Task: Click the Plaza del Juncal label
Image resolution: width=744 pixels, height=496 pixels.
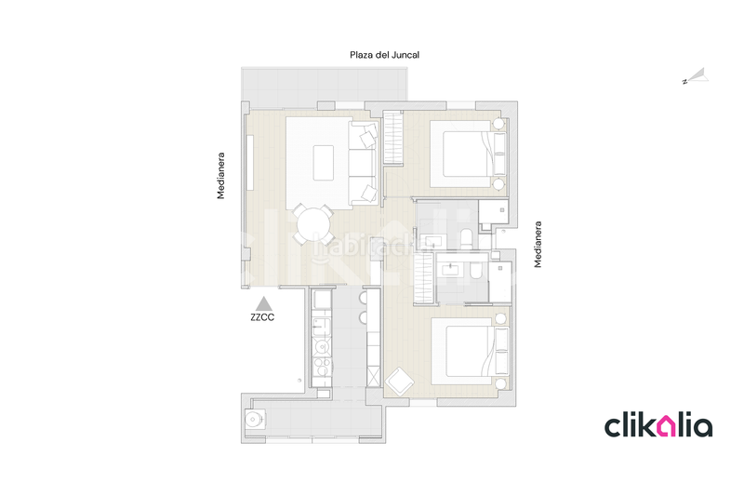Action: click(384, 55)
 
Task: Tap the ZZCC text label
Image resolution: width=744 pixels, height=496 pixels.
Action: click(263, 317)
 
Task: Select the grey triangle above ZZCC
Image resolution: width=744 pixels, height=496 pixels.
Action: click(263, 302)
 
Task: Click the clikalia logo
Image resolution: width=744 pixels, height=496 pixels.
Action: click(658, 426)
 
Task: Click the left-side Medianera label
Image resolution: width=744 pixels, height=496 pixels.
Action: click(221, 175)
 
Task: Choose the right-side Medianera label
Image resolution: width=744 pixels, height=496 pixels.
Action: click(538, 245)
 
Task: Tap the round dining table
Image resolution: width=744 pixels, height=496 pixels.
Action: click(313, 224)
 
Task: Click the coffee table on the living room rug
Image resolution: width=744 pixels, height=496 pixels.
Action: click(325, 162)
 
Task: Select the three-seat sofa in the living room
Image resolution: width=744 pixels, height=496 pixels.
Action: click(362, 164)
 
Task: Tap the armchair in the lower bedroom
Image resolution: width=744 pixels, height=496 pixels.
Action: click(402, 382)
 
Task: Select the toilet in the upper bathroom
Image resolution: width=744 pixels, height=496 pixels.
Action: click(465, 235)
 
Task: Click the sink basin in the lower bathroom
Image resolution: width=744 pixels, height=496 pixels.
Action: click(453, 268)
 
